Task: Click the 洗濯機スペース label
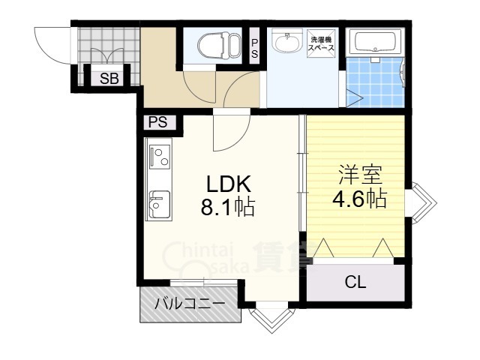[x=321, y=43]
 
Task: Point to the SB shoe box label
[x=109, y=79]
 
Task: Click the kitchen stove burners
[x=159, y=157]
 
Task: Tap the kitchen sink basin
[x=159, y=204]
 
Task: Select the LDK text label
[x=229, y=184]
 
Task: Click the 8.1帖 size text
[x=228, y=207]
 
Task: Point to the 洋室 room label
[x=360, y=175]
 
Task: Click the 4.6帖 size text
[x=360, y=199]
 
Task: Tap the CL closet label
[x=355, y=282]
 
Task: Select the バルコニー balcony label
[x=190, y=304]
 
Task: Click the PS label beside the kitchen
[x=158, y=122]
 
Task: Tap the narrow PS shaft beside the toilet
[x=254, y=46]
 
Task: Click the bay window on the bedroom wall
[x=421, y=202]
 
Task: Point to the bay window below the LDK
[x=271, y=317]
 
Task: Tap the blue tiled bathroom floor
[x=375, y=82]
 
